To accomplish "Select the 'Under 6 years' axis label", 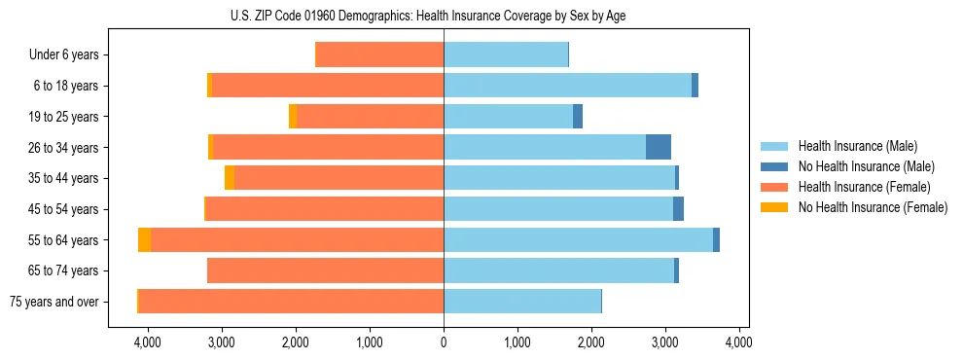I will (64, 55).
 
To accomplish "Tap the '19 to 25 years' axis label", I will (60, 117).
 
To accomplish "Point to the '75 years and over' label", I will (54, 302).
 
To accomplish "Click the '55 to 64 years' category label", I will (60, 240).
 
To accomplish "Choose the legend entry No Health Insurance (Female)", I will (872, 207).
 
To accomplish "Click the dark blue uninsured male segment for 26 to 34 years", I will (659, 147).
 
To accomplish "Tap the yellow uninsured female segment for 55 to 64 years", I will (144, 239).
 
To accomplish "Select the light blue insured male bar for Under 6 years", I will (506, 54).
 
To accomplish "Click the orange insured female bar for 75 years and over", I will (291, 301).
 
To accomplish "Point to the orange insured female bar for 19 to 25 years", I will (370, 116).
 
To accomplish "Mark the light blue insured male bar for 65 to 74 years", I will (558, 270).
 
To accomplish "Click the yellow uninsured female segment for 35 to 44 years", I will (230, 178).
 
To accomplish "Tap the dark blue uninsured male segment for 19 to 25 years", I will (578, 116).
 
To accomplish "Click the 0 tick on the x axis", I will (444, 342).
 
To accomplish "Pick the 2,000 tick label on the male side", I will (591, 342).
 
